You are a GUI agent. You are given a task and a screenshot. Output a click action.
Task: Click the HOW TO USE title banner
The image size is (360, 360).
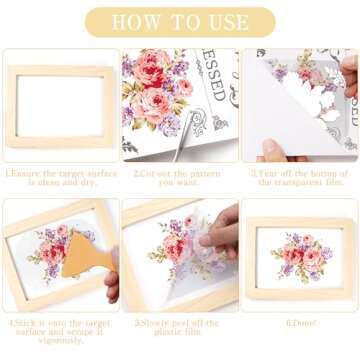pyautogui.click(x=180, y=21)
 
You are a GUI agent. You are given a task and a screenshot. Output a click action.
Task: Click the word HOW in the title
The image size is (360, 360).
pyautogui.click(x=133, y=21)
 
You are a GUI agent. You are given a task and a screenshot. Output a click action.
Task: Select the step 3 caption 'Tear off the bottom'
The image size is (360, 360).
pyautogui.click(x=300, y=177)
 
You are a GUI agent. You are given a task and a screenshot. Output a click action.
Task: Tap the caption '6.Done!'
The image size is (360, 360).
pyautogui.click(x=300, y=323)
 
